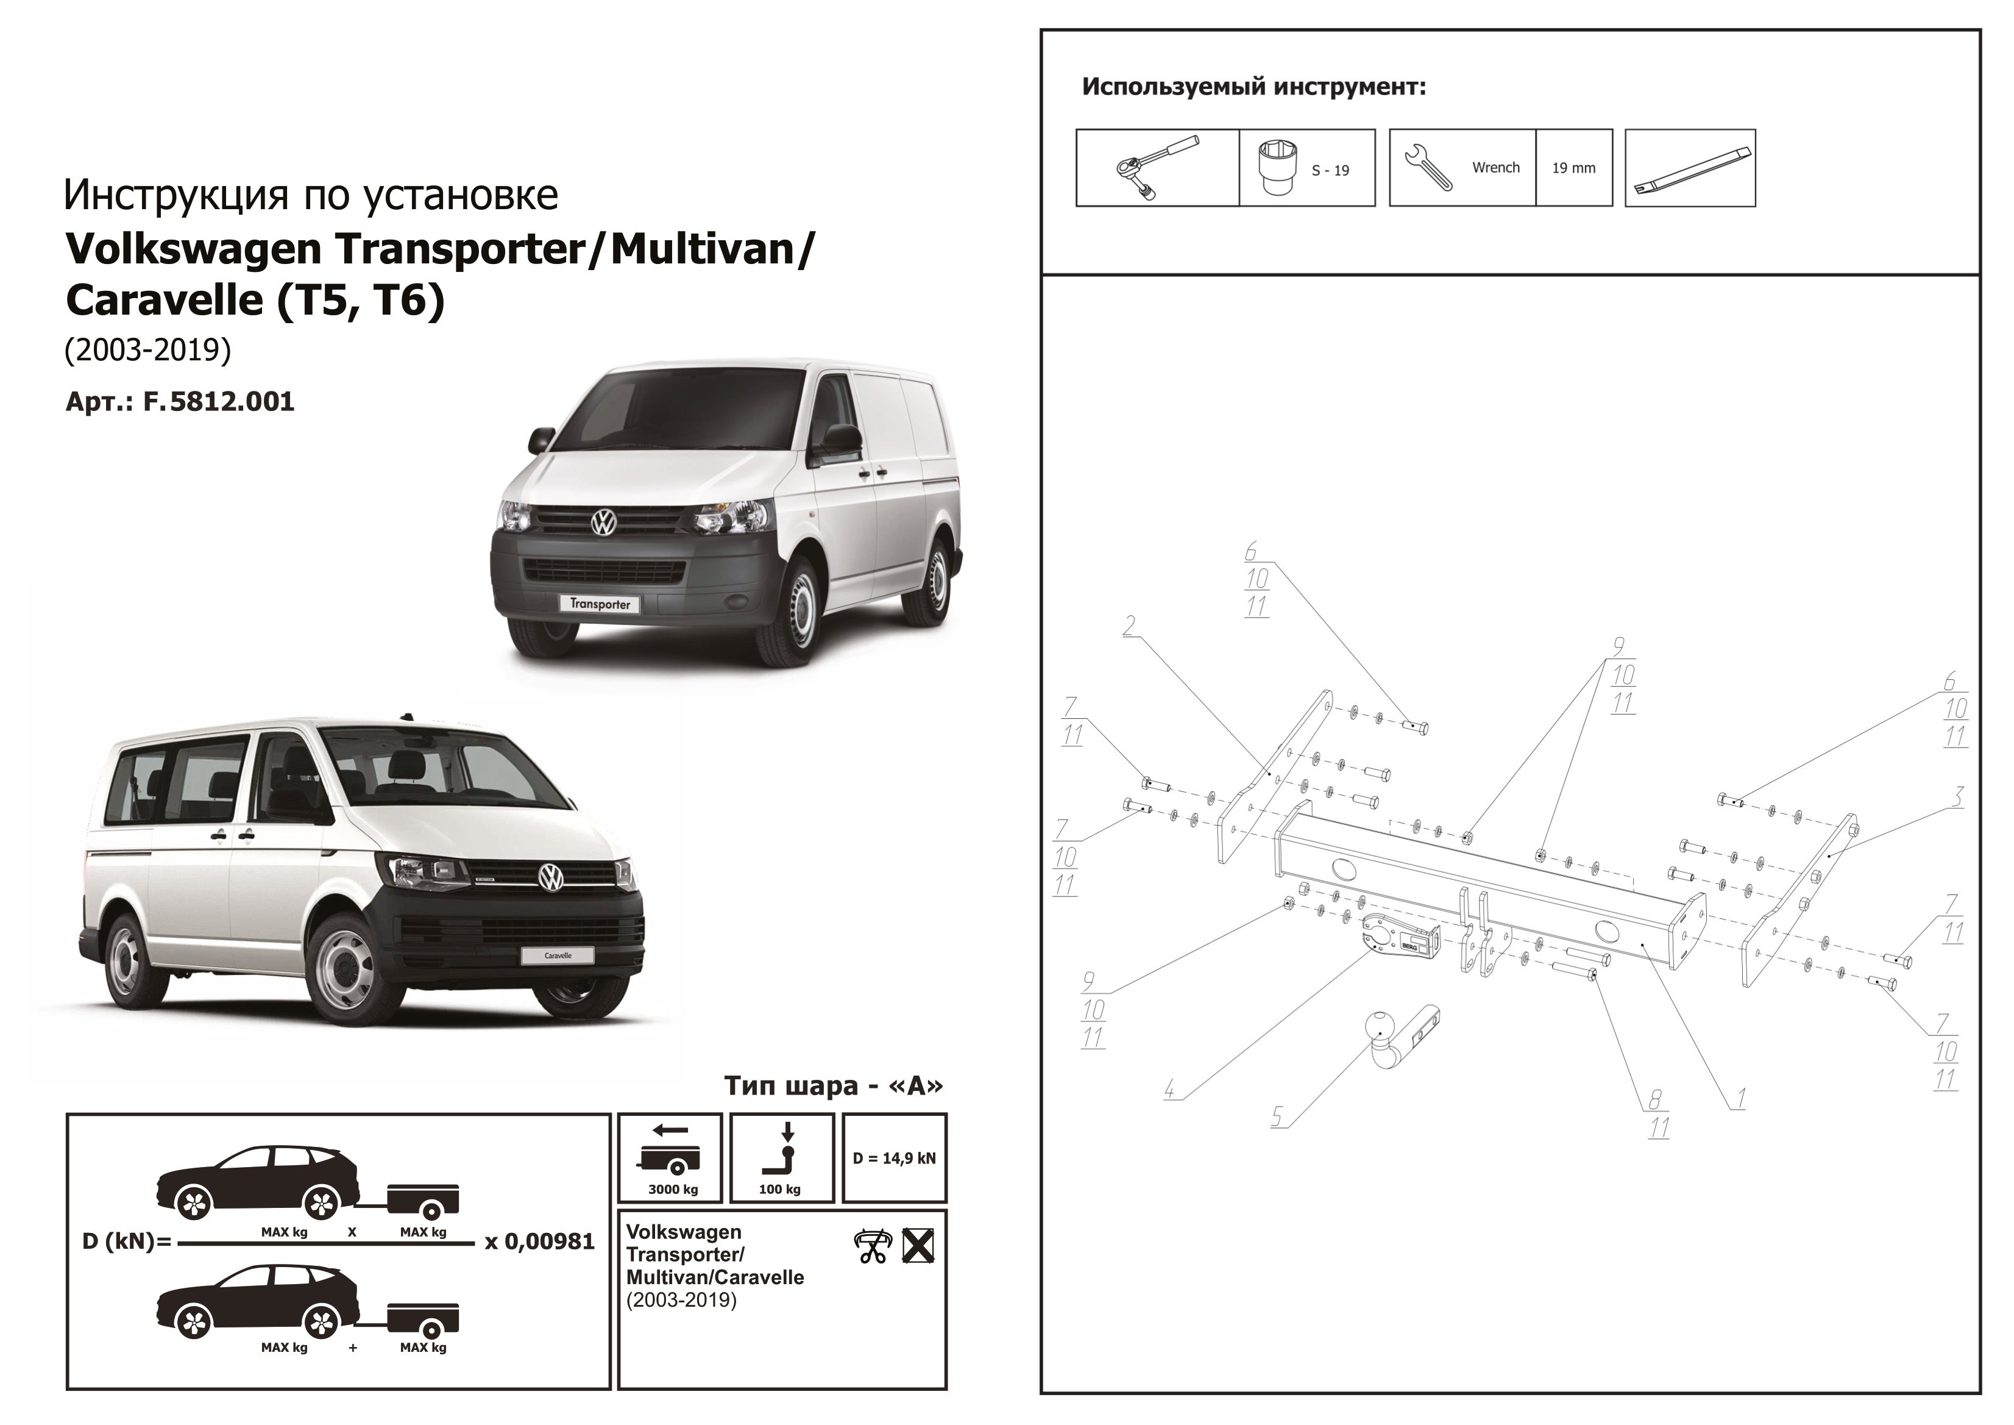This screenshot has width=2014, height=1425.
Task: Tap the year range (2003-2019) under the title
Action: coord(147,350)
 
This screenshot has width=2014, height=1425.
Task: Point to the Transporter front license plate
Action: coord(600,604)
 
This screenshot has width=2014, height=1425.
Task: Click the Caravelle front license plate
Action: coord(558,955)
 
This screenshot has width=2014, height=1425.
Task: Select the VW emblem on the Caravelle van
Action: coord(550,877)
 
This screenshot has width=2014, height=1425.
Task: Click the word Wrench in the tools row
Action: coord(1495,168)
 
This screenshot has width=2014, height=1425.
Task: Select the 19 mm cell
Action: coord(1573,168)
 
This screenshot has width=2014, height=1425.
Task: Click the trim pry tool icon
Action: coord(1690,168)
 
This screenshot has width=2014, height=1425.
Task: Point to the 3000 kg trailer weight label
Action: coord(673,1190)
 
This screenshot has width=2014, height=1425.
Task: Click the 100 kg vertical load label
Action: coord(780,1190)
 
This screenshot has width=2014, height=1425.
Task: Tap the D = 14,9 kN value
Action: coord(894,1159)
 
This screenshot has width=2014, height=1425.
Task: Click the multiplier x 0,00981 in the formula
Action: coord(539,1241)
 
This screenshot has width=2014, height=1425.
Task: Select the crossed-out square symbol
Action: coord(918,1246)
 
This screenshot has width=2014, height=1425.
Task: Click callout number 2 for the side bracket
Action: coord(1129,626)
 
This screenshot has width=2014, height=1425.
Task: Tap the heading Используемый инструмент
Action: coord(1253,87)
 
